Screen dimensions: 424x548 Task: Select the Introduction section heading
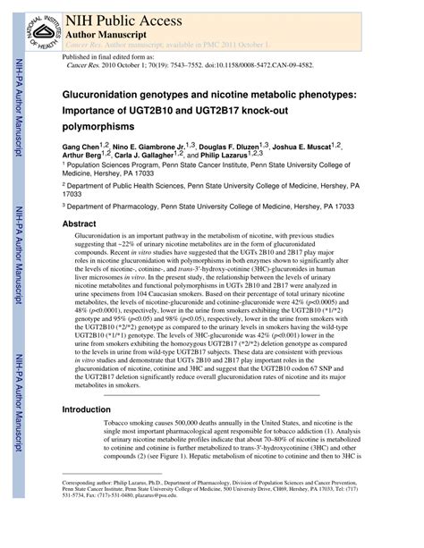pos(86,409)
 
